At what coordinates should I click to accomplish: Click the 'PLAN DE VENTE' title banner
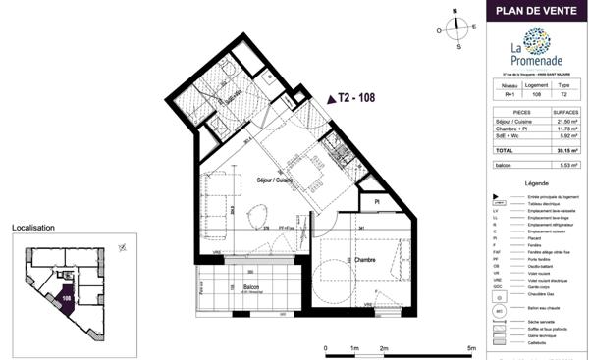point(536,12)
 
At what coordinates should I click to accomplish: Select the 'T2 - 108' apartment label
point(354,98)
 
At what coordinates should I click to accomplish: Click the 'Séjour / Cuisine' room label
point(274,180)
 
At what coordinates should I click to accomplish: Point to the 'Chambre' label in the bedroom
point(338,260)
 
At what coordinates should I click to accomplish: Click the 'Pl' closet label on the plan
point(376,202)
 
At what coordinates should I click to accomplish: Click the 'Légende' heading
point(537,183)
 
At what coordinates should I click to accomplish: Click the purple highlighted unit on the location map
point(66,298)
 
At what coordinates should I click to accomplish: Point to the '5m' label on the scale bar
point(472,347)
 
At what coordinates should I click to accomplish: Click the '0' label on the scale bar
point(325,347)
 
